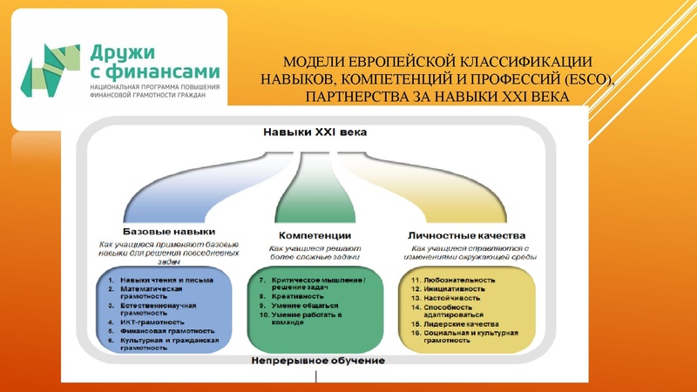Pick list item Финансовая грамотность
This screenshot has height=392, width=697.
[x=162, y=331]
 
